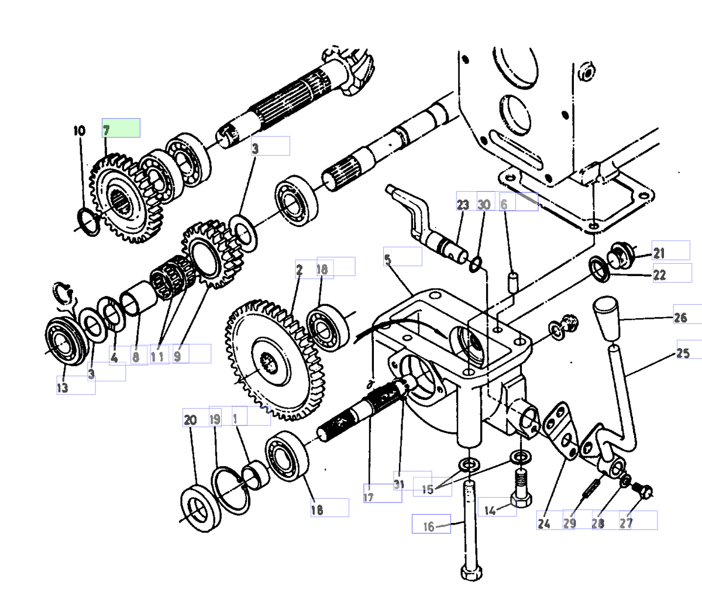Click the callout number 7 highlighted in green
107,130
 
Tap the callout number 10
80,130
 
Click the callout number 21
659,254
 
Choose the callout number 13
62,387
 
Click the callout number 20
190,419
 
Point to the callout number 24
543,524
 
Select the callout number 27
626,523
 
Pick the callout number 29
570,523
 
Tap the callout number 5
388,257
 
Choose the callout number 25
683,354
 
